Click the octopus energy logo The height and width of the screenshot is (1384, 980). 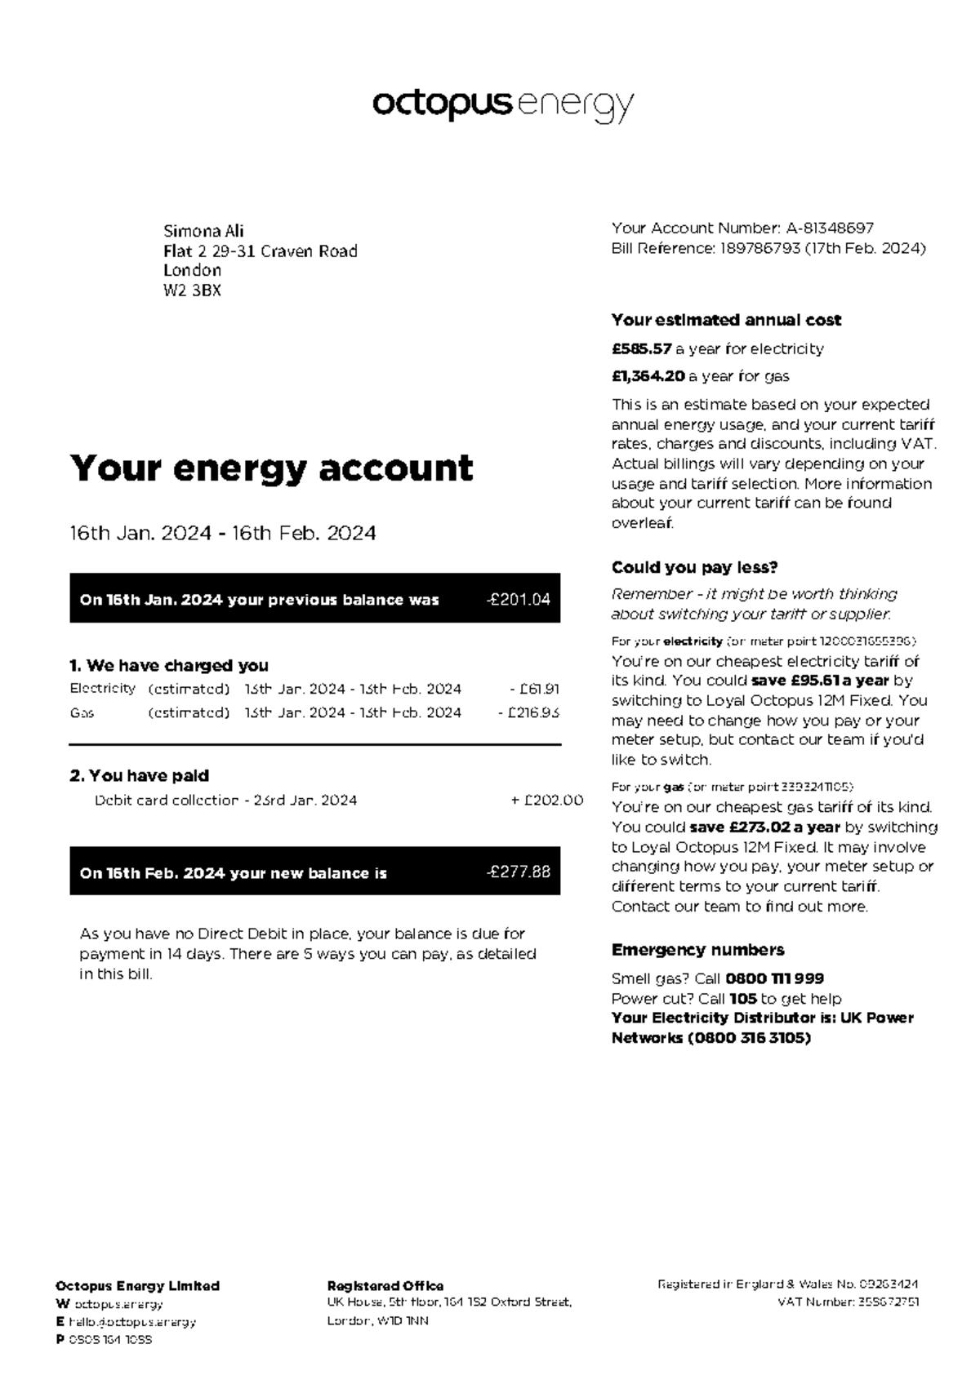click(x=502, y=106)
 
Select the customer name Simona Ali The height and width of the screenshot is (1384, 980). click(x=203, y=231)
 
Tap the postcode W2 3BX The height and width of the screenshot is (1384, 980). click(x=192, y=291)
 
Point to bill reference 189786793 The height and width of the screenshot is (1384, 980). click(x=759, y=249)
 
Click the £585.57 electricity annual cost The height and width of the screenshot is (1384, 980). click(x=641, y=349)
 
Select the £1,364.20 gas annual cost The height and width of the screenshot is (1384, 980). click(x=648, y=377)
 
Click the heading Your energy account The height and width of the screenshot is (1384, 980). click(x=271, y=468)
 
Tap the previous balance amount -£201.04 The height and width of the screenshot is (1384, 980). click(x=518, y=600)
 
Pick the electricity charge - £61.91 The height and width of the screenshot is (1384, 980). click(x=534, y=690)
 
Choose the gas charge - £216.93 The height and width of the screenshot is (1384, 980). click(x=528, y=713)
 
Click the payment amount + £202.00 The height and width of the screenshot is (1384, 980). click(x=546, y=801)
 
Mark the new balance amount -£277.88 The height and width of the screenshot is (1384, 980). click(x=518, y=872)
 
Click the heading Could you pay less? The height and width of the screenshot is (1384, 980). click(x=694, y=568)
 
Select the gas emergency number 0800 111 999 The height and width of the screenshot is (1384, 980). click(x=774, y=978)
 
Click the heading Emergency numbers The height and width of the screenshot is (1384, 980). click(x=697, y=950)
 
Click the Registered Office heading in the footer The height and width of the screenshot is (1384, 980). click(x=385, y=1286)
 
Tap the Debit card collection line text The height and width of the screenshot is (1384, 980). click(x=225, y=801)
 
